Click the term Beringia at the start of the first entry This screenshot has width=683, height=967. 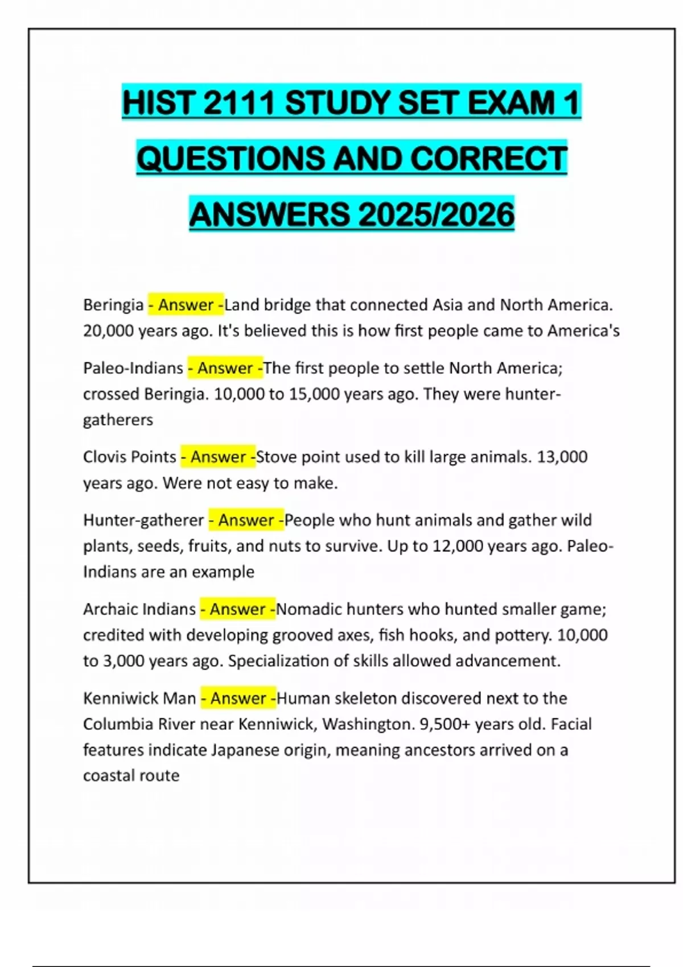(x=113, y=305)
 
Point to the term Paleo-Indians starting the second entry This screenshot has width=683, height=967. (x=133, y=368)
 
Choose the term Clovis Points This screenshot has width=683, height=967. (x=130, y=457)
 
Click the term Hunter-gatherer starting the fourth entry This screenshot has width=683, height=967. (x=143, y=520)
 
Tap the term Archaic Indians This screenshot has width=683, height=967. (x=139, y=609)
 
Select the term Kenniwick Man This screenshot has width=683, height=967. (x=139, y=698)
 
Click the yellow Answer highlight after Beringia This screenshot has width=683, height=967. (x=186, y=305)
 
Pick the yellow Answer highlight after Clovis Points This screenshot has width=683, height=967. (x=218, y=457)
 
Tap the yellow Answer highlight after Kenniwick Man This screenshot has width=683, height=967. (x=238, y=698)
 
